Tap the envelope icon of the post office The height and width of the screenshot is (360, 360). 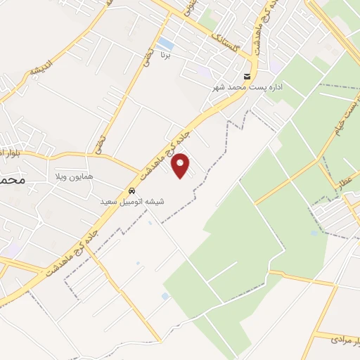pos(246,77)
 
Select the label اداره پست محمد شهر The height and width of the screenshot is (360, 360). pos(245,87)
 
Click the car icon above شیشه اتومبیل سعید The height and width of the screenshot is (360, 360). pos(131,191)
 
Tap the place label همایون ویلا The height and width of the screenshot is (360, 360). pos(69,176)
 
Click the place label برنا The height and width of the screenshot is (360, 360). pos(165,54)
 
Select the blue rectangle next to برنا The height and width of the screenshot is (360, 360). pos(166,44)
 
